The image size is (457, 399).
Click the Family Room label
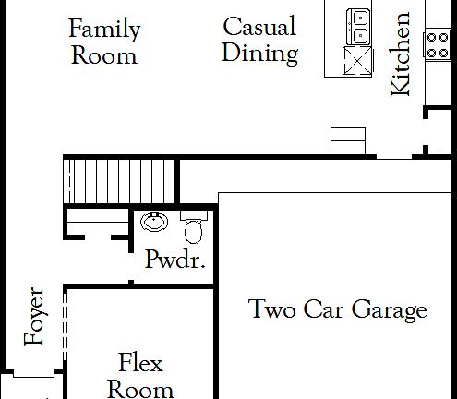(x=104, y=42)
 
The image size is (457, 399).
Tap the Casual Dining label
(x=259, y=39)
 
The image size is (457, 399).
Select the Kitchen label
(x=401, y=54)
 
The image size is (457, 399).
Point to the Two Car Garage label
(x=338, y=309)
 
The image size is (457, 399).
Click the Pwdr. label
(x=175, y=260)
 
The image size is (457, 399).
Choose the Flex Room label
(x=140, y=374)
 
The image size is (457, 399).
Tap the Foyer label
(x=35, y=316)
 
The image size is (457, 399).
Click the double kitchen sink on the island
(x=356, y=28)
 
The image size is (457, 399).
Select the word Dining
(x=259, y=53)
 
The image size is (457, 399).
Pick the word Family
(x=104, y=29)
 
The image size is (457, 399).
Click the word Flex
(x=140, y=361)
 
